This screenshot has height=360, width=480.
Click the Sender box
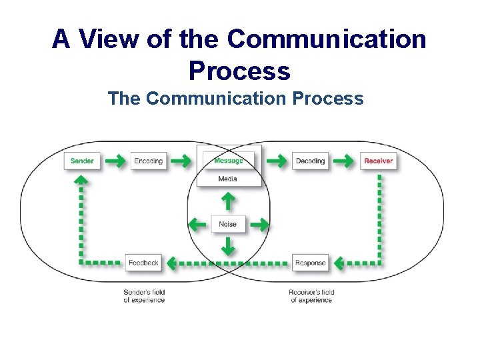[x=82, y=161]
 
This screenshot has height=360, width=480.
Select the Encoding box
[x=148, y=161]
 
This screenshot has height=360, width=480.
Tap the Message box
[x=228, y=160]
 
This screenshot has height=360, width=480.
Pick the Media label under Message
[x=227, y=179]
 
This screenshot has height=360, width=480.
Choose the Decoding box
[x=310, y=161]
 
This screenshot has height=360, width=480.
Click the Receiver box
[x=378, y=161]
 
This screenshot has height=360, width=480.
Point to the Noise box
[x=227, y=224]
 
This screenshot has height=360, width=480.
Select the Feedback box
[x=143, y=263]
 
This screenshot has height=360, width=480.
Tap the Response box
[x=310, y=263]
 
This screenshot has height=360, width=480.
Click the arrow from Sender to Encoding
[x=115, y=161]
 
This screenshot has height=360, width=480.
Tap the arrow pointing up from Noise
[x=227, y=201]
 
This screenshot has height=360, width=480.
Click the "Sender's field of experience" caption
[x=144, y=296]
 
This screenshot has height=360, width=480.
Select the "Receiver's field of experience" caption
[x=311, y=296]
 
